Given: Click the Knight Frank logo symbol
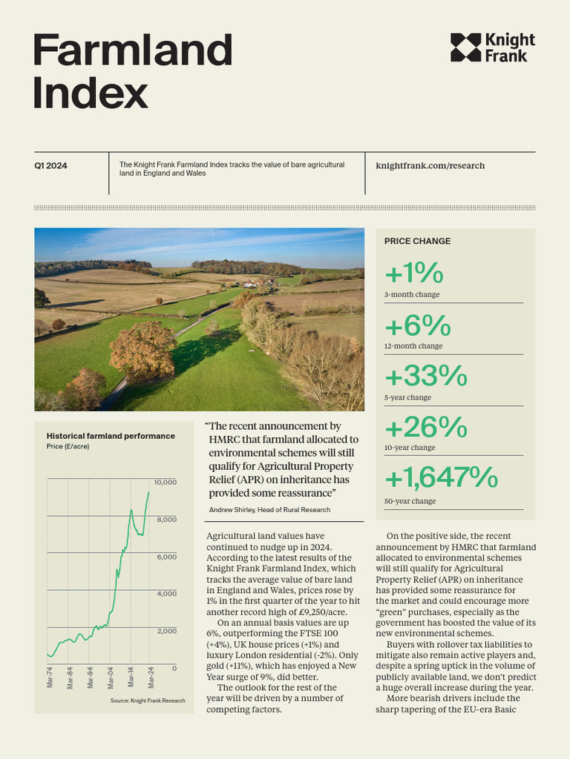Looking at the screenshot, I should tap(465, 47).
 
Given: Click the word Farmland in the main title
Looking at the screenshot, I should tap(133, 50).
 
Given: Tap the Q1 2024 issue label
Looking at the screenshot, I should tap(50, 166).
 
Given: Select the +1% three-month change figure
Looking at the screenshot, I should tap(413, 274).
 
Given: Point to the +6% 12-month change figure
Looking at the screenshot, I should tap(418, 326).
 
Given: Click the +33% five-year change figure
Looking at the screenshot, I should tap(425, 377).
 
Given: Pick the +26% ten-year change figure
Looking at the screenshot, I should tap(425, 428).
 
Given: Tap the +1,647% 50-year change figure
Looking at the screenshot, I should tap(441, 478).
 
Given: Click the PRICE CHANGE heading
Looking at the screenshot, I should tap(417, 241).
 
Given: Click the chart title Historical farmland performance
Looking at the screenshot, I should tap(111, 436).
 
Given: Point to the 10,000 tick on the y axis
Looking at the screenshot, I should tap(166, 483).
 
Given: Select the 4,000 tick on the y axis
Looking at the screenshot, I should tap(166, 594).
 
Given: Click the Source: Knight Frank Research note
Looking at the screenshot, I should tap(148, 700).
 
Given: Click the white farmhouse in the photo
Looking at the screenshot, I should tap(250, 283).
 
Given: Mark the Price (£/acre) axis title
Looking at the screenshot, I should tap(68, 448).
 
